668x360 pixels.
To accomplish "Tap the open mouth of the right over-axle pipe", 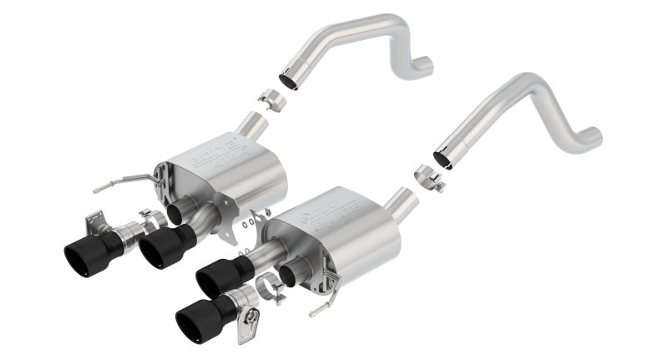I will (443, 157).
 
